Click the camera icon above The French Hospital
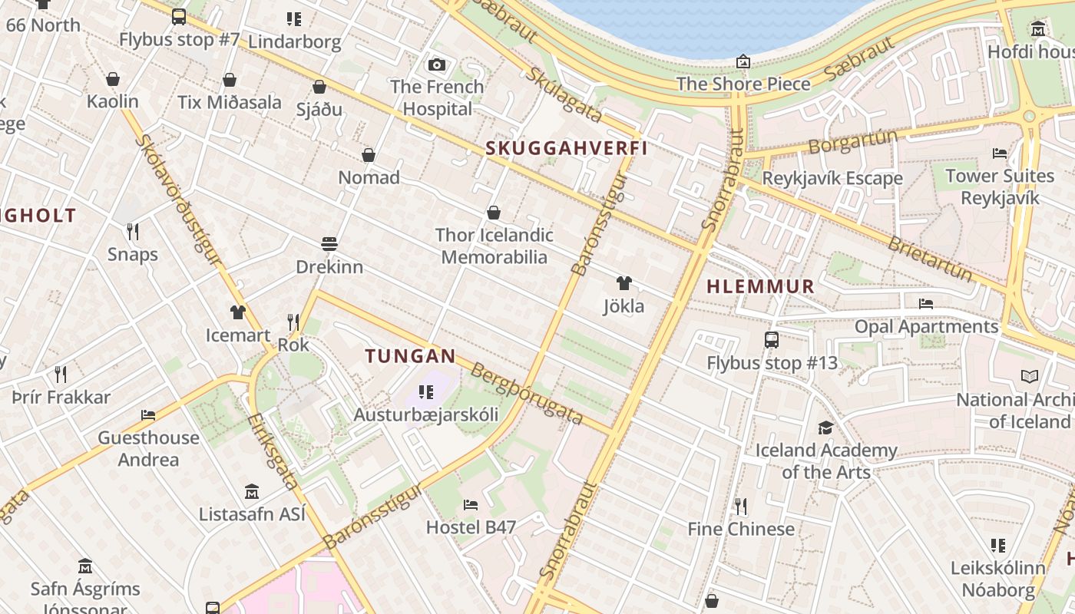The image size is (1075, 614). click(x=437, y=64)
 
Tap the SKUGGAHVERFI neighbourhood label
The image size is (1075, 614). click(x=567, y=148)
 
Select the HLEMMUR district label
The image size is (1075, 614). click(x=759, y=286)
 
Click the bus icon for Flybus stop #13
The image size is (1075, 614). click(x=772, y=340)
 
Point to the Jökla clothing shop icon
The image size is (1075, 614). click(x=623, y=283)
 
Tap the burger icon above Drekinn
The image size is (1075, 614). click(x=329, y=244)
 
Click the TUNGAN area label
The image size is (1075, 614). click(x=410, y=356)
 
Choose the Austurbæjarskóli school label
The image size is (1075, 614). click(x=425, y=414)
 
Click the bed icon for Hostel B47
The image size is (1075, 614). click(x=471, y=504)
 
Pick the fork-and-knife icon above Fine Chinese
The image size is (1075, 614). click(x=740, y=506)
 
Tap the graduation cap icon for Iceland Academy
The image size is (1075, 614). click(x=825, y=427)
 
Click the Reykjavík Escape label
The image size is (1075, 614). click(x=832, y=178)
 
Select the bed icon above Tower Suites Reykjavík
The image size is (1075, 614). click(x=1000, y=153)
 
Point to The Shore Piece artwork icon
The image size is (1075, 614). click(x=743, y=61)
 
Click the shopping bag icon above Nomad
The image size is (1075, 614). click(x=369, y=155)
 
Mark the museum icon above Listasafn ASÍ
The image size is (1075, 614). click(x=252, y=491)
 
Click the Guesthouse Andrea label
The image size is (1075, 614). click(x=148, y=448)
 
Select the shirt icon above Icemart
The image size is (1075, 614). click(x=238, y=312)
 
